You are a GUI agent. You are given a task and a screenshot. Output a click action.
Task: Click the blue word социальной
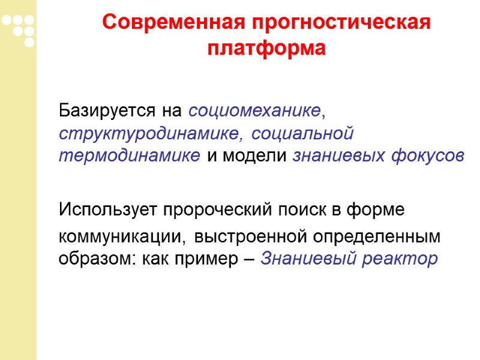302,133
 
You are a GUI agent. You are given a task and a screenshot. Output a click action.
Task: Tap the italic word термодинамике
130,156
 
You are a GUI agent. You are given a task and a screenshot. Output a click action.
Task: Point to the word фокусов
427,156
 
